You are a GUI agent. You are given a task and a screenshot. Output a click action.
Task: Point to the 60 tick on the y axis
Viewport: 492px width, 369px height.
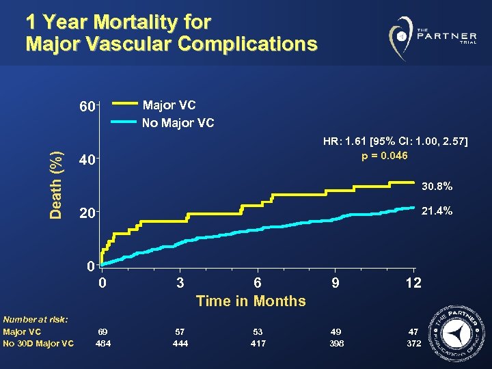[86, 107]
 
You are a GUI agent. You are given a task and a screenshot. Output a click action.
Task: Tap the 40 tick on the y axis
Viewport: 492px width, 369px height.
[86, 160]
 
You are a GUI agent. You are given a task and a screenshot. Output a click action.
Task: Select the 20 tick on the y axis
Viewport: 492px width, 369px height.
[86, 213]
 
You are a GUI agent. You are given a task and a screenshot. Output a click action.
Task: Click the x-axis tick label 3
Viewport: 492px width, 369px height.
[180, 282]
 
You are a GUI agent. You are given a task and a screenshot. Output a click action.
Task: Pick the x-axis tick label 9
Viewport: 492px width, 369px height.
[335, 282]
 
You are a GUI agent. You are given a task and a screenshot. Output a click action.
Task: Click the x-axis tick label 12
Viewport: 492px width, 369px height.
[413, 282]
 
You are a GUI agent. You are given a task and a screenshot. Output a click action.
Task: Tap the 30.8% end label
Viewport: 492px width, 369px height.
[436, 186]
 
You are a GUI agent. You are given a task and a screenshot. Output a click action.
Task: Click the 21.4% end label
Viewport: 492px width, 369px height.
[436, 211]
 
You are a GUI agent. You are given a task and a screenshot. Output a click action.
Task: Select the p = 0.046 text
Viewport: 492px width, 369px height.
[385, 156]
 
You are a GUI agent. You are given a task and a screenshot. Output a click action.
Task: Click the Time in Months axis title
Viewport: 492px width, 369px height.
[251, 301]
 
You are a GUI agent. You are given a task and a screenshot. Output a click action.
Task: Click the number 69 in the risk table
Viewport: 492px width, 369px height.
[103, 331]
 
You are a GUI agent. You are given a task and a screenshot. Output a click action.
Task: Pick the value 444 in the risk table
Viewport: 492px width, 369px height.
[180, 343]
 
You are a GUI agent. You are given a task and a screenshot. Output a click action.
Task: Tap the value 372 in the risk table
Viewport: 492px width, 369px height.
[413, 343]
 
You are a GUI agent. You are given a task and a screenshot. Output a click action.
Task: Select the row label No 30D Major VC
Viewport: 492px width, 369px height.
[38, 343]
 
